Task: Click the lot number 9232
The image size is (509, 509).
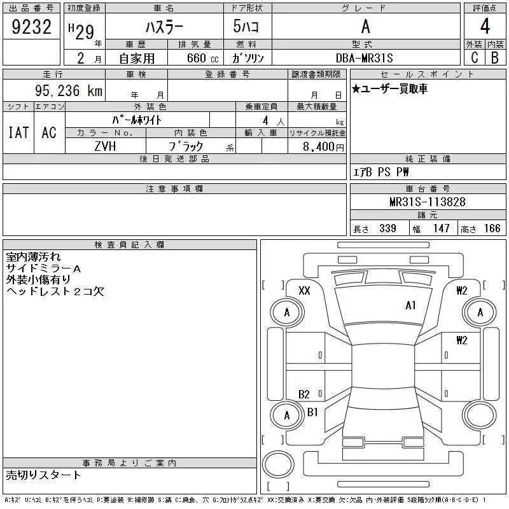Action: pos(31,27)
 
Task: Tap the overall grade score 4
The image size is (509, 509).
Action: pos(485,27)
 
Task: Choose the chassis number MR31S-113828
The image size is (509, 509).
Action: pos(428,202)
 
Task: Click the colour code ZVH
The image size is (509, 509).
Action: pos(105,146)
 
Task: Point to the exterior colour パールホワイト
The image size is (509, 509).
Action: pos(137,120)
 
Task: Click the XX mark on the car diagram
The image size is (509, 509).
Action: pos(304,290)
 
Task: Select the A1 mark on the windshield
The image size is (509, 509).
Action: pos(410,305)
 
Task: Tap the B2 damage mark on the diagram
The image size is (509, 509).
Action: pos(304,394)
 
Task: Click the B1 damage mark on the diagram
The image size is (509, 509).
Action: pos(312,412)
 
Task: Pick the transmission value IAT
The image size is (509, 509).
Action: pos(18,132)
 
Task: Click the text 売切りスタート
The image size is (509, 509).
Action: pos(44,475)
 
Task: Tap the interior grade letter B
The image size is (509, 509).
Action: pos(495,57)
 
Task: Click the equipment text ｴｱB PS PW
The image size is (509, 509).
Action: pos(381,172)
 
